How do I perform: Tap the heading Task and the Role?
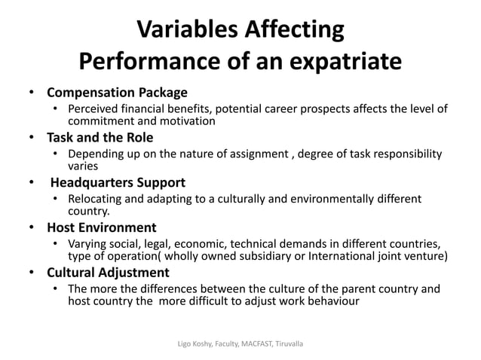point(100,138)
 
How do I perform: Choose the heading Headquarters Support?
point(118,182)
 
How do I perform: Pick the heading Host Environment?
point(102,227)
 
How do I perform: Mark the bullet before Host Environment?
point(30,227)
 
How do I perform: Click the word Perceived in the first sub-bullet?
point(94,110)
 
